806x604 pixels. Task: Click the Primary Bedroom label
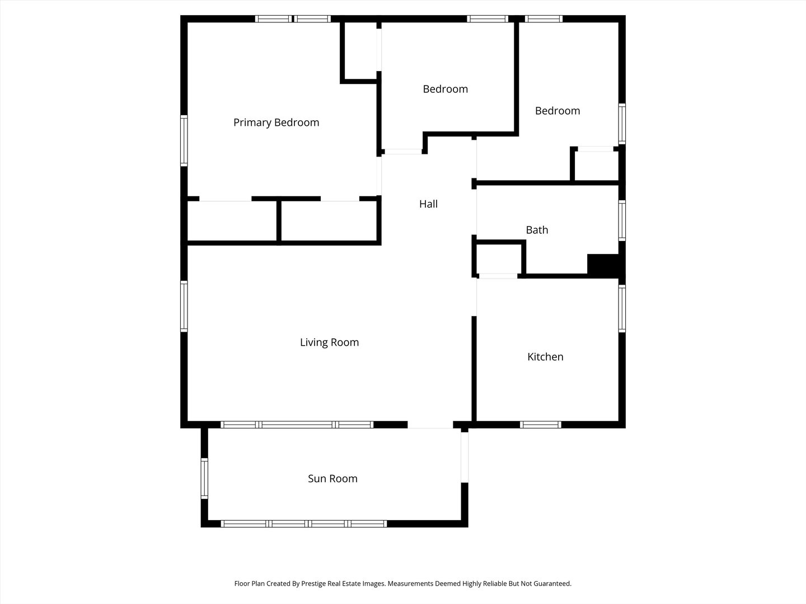pos(276,122)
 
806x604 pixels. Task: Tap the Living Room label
pos(329,342)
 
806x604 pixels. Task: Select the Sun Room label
pos(332,479)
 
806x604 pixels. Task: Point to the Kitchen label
pos(545,357)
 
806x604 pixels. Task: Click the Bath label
pos(537,230)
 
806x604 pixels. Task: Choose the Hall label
pos(428,204)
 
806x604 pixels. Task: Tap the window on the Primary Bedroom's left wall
pos(184,140)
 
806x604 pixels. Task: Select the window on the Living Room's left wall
pos(184,306)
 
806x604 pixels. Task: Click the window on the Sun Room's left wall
pos(204,478)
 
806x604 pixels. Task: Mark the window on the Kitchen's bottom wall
pos(540,424)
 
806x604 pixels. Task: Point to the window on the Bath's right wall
pos(622,220)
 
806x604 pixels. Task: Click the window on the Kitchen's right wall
pos(622,308)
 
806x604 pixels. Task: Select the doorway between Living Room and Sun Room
pos(430,425)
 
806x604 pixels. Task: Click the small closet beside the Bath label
pos(498,258)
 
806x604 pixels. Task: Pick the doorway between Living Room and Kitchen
pos(474,297)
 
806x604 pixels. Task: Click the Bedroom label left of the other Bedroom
pos(445,89)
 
